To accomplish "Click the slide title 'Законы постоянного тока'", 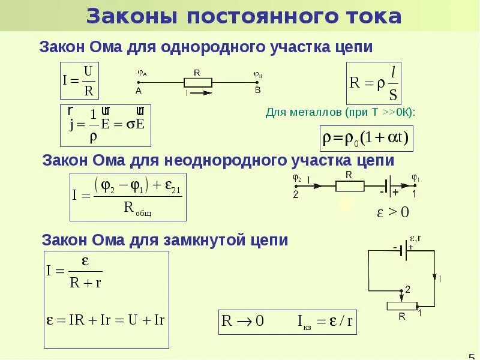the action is (244, 16).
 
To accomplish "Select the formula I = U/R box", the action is (80, 82).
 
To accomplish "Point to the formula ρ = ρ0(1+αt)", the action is (366, 139).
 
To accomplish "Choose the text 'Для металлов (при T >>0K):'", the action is (340, 113).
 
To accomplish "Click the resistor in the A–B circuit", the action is (197, 81).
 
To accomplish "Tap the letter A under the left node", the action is (139, 91).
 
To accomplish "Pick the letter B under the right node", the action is (257, 91).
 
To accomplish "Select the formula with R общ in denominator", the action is (128, 197).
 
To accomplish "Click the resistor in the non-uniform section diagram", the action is (349, 185).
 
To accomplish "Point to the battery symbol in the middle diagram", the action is (389, 185).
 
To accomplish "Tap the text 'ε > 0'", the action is (392, 212).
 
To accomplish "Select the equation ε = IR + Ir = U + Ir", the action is (106, 319).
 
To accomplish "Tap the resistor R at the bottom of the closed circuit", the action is (402, 306).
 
